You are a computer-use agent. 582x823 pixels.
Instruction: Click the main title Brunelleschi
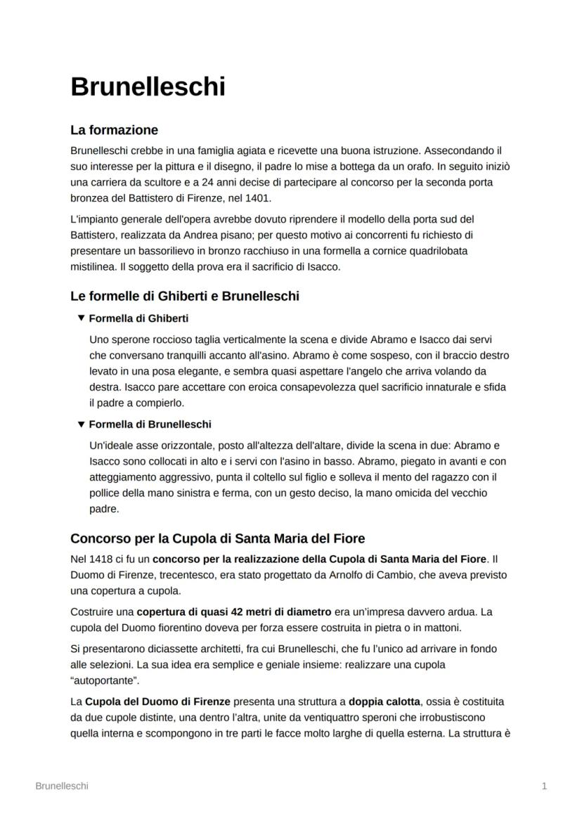point(148,86)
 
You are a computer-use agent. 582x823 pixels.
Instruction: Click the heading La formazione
point(114,130)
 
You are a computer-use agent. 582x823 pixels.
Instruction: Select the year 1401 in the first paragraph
point(257,197)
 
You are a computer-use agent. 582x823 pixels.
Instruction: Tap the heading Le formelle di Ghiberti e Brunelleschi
point(184,296)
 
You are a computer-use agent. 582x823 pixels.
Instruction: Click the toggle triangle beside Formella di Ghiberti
point(81,318)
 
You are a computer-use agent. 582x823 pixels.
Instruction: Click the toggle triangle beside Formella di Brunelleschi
point(81,425)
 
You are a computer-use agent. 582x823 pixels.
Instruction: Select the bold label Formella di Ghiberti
point(138,318)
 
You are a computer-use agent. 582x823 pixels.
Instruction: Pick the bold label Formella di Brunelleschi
point(150,425)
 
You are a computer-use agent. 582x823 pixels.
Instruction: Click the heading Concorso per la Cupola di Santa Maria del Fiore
point(217,538)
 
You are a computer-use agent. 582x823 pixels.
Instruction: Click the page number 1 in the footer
point(544,786)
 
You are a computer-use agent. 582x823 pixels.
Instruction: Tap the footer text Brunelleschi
point(62,786)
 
